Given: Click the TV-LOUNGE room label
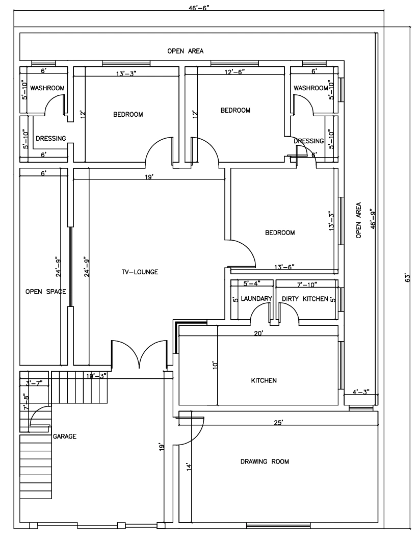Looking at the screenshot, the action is click(x=140, y=272).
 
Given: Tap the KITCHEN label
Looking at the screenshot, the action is click(x=264, y=380).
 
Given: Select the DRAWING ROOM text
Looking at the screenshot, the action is click(x=265, y=461).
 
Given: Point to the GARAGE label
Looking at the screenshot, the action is click(x=65, y=436).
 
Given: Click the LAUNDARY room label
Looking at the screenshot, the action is click(x=256, y=299).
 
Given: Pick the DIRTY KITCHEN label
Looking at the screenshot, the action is click(x=305, y=299).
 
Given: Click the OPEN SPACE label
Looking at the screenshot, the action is click(x=45, y=292).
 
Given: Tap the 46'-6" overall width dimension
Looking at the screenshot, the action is click(x=199, y=8).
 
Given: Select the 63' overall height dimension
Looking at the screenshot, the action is click(x=407, y=278).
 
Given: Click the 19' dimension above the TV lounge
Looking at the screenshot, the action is click(x=149, y=177).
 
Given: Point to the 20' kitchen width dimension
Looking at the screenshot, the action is click(x=259, y=333).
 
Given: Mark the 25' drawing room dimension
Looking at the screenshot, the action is click(x=278, y=422).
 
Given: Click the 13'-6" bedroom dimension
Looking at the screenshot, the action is click(x=284, y=267).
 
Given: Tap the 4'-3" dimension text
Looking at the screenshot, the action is click(x=361, y=392).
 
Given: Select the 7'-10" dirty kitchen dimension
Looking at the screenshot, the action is click(x=307, y=285).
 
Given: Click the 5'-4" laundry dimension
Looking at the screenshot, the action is click(x=252, y=283).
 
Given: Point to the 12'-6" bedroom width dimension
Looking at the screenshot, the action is click(x=234, y=71).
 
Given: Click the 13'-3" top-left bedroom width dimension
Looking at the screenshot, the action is click(x=126, y=73).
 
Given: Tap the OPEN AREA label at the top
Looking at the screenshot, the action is click(x=185, y=51).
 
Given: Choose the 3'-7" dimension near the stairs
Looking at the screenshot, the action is click(x=34, y=382).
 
